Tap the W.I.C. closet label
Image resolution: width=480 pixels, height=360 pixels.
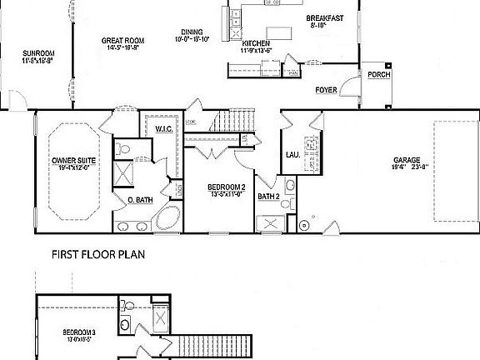coord(163,127)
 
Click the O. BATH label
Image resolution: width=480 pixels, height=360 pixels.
coord(138,200)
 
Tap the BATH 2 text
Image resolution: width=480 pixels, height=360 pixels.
coord(267,197)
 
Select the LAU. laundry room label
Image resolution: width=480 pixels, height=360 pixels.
coord(292,154)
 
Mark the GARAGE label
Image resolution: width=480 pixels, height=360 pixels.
coord(407,160)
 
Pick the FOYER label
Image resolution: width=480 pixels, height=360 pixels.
coord(325,89)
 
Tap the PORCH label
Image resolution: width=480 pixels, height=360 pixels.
coord(378,75)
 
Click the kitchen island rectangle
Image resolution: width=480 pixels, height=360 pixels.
coord(278,33)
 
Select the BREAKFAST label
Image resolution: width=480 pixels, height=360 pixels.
coord(324,18)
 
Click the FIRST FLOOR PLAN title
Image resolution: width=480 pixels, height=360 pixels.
coord(98,255)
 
